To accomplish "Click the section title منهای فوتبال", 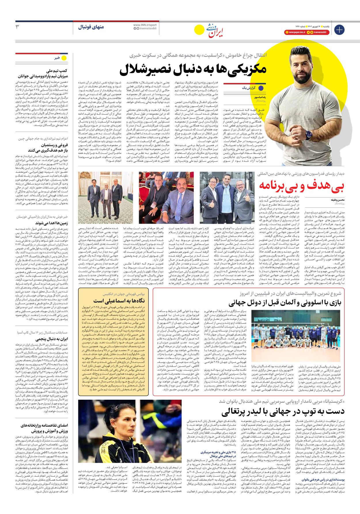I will click(x=91, y=27).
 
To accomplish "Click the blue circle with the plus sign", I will click(x=339, y=30).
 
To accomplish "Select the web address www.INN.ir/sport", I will click(x=145, y=25).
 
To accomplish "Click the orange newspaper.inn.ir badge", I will click(x=295, y=33).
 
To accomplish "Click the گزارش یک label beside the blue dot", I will click(x=248, y=88).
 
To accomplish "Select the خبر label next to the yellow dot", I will click(x=57, y=58).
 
